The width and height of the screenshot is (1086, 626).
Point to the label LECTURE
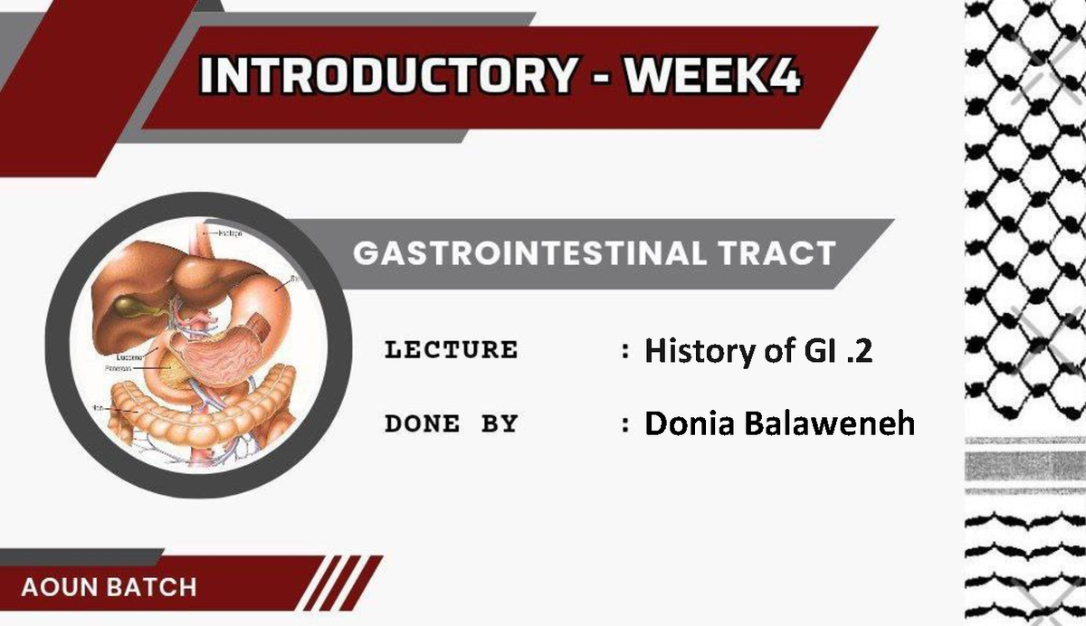[x=451, y=349]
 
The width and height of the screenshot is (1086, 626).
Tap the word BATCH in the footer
[x=151, y=586]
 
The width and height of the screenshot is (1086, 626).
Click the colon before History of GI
[x=625, y=351]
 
